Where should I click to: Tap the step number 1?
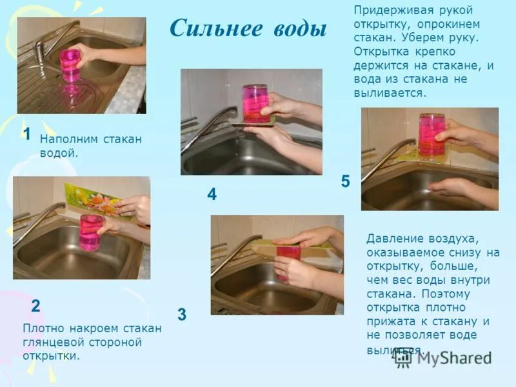pyautogui.click(x=27, y=134)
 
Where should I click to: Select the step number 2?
pyautogui.click(x=36, y=306)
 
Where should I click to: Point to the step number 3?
pyautogui.click(x=182, y=315)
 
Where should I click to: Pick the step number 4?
pyautogui.click(x=212, y=194)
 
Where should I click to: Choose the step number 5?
pyautogui.click(x=345, y=182)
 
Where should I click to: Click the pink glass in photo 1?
pyautogui.click(x=70, y=65)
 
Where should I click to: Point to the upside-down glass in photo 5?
pyautogui.click(x=432, y=135)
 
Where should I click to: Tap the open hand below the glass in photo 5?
pyautogui.click(x=455, y=188)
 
